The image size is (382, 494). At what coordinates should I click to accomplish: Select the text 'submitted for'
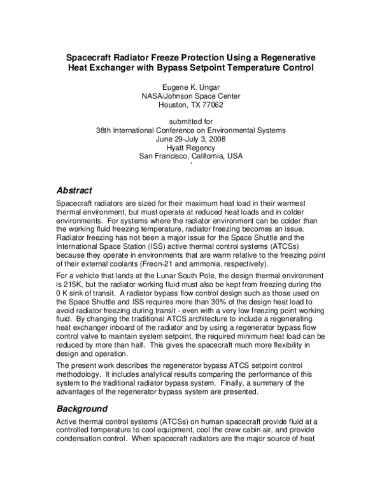pyautogui.click(x=190, y=121)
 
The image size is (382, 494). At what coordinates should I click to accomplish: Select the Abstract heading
pyautogui.click(x=74, y=190)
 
